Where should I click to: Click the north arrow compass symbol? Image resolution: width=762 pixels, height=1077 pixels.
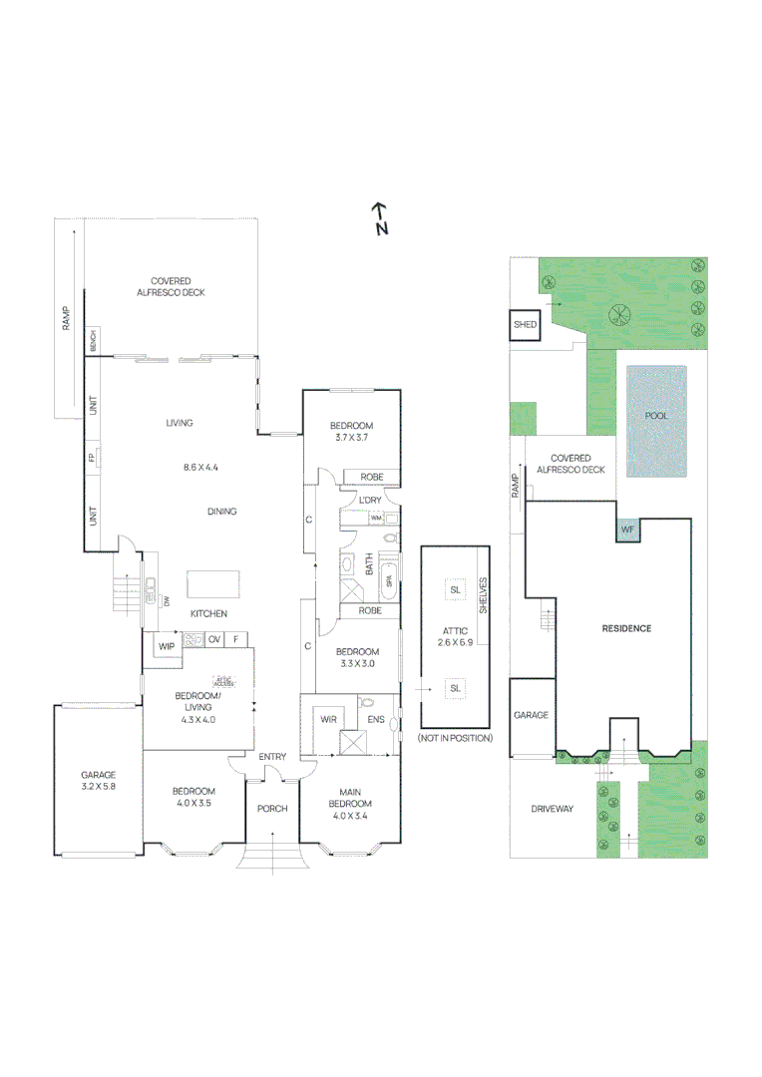[x=379, y=218]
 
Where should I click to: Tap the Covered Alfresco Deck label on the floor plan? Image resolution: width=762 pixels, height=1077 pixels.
[x=171, y=287]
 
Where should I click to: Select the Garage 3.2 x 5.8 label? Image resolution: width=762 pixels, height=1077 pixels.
[x=99, y=780]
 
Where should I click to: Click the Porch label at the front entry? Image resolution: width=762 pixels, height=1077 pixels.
[x=272, y=808]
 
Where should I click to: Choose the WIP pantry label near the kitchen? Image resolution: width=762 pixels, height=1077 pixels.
[x=166, y=646]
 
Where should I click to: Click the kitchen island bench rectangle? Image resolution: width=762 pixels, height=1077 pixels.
[x=212, y=583]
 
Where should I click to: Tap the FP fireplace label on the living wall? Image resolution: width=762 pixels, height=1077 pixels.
[x=92, y=460]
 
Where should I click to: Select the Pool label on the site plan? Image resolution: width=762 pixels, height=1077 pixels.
[x=656, y=416]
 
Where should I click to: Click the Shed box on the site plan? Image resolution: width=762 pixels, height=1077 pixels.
[x=525, y=325]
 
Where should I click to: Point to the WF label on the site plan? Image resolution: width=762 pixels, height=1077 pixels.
[x=626, y=530]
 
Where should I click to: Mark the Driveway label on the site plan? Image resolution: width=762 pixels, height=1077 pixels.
[x=553, y=809]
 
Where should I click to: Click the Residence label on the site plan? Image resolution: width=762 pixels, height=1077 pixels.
[x=625, y=628]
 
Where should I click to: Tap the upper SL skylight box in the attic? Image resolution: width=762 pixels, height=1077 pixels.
[x=456, y=589]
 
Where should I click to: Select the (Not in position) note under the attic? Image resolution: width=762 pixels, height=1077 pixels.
[x=456, y=738]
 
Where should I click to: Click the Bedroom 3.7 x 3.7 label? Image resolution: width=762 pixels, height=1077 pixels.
[x=351, y=432]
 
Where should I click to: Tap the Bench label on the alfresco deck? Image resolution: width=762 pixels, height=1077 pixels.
[x=92, y=341]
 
